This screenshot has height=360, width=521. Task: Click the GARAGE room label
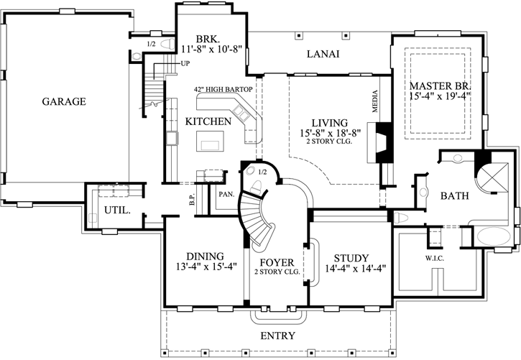pyautogui.click(x=64, y=101)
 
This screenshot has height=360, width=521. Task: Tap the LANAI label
pyautogui.click(x=323, y=54)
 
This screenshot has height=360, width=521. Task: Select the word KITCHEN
pyautogui.click(x=208, y=121)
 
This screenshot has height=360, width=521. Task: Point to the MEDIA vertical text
pyautogui.click(x=375, y=101)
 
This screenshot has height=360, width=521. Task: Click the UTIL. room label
pyautogui.click(x=117, y=211)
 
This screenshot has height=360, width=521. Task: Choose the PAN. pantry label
pyautogui.click(x=226, y=194)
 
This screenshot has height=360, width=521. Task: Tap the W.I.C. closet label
pyautogui.click(x=435, y=259)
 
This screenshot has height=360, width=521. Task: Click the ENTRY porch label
pyautogui.click(x=278, y=336)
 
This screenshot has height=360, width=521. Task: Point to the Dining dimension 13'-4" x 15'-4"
pyautogui.click(x=206, y=267)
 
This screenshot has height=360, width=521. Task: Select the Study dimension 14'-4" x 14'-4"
pyautogui.click(x=355, y=268)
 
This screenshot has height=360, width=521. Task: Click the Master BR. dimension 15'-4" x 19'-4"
pyautogui.click(x=441, y=96)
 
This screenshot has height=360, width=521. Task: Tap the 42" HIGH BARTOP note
pyautogui.click(x=223, y=89)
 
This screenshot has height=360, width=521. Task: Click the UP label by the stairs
pyautogui.click(x=185, y=63)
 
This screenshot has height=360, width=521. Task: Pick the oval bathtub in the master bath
pyautogui.click(x=493, y=237)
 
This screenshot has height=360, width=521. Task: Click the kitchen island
pyautogui.click(x=210, y=141)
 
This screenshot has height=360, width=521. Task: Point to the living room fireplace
pyautogui.click(x=380, y=142)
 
